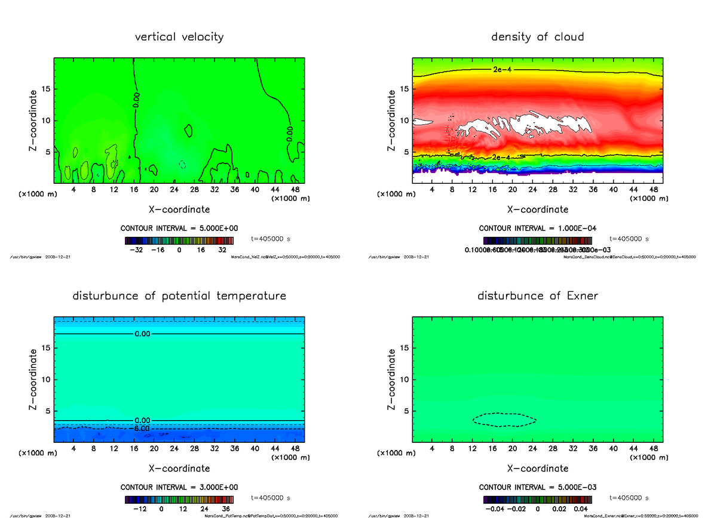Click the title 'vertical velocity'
(179, 37)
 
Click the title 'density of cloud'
(537, 37)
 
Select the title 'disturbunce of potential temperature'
(179, 296)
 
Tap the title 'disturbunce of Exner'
(537, 296)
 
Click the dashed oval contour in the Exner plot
(505, 413)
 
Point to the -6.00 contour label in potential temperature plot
(142, 428)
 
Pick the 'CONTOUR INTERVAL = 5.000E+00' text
(179, 229)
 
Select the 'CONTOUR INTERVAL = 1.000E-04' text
(537, 229)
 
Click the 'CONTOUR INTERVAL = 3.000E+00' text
(179, 487)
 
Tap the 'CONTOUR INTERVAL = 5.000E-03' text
(537, 487)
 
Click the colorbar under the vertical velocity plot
(179, 240)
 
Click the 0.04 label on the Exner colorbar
(580, 509)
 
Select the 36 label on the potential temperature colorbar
(226, 509)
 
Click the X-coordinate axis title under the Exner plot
(537, 468)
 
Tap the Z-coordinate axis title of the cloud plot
(392, 120)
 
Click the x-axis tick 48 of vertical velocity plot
(295, 190)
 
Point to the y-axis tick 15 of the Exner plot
(404, 348)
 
